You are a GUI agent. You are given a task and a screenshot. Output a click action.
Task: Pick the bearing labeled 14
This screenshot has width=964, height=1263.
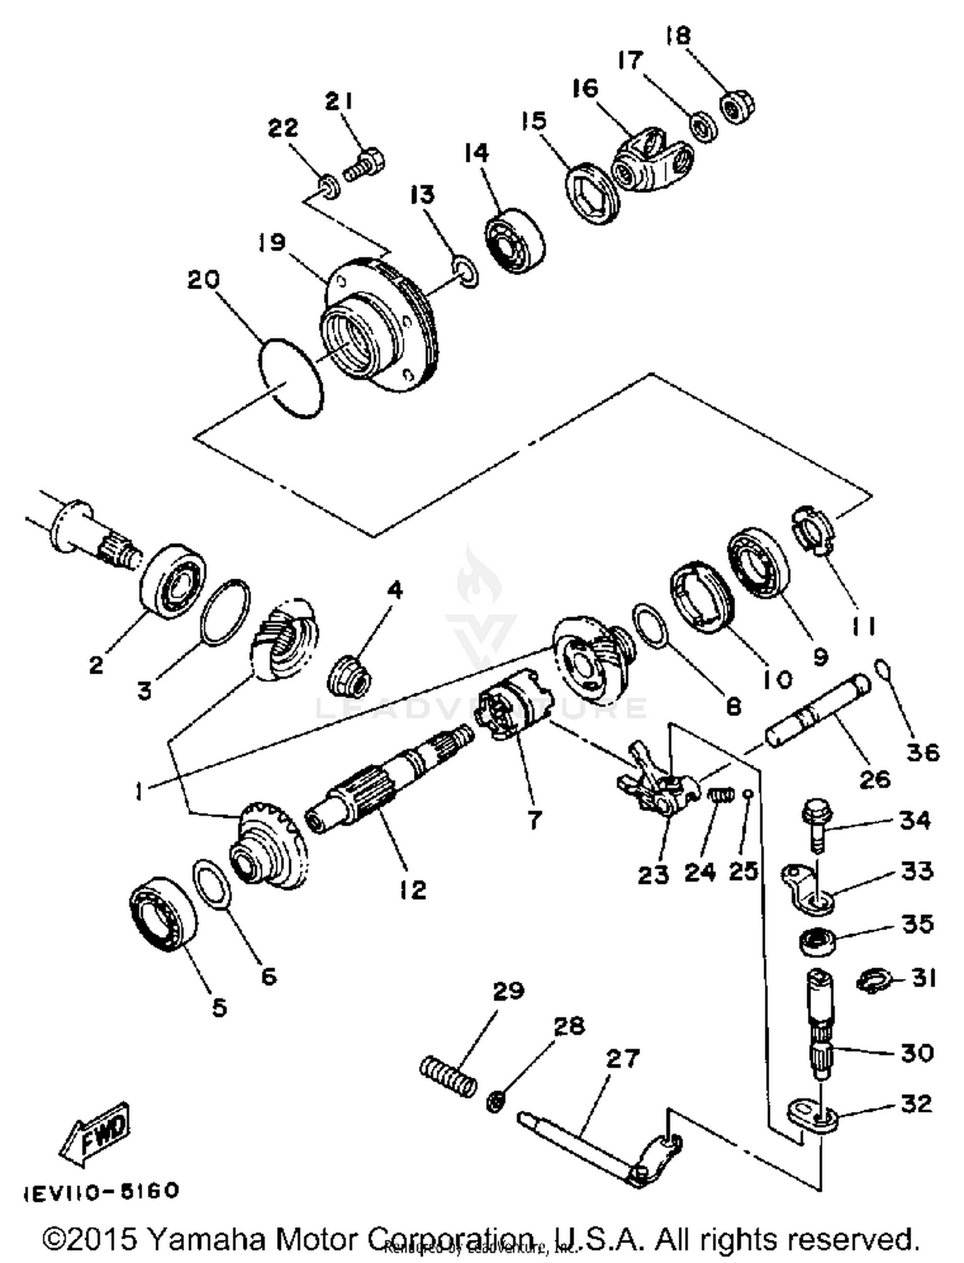[x=515, y=240]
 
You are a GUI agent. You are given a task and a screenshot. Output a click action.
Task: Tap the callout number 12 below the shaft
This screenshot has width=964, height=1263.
[x=412, y=890]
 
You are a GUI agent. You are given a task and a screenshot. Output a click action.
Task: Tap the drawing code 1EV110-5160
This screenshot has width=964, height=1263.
[x=102, y=1190]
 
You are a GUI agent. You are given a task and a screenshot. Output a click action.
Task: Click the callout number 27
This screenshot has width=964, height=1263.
[x=622, y=1058]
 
